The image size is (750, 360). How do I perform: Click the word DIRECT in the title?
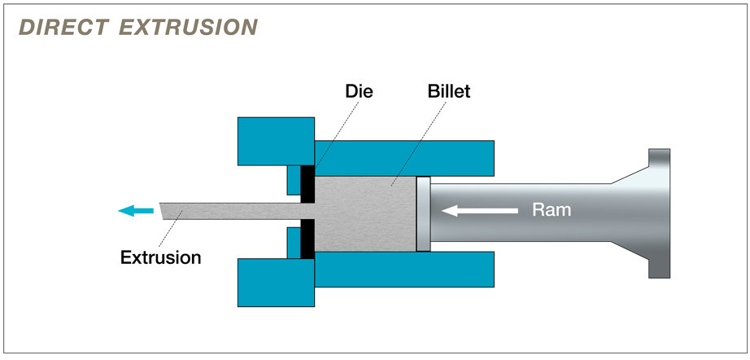click(63, 27)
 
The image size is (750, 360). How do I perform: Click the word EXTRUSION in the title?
click(189, 27)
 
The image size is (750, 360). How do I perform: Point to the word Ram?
click(552, 210)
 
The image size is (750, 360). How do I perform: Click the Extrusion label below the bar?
click(160, 258)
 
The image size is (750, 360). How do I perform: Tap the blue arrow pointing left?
click(135, 211)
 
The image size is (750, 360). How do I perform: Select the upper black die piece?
click(308, 184)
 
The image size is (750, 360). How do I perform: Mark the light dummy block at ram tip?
click(422, 213)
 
